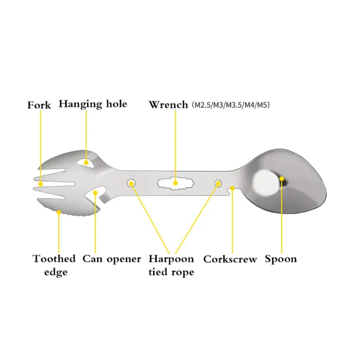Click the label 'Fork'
[39, 105]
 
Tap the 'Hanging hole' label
[93, 104]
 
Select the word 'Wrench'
[168, 105]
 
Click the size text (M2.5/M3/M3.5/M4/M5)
[231, 105]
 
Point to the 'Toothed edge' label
[54, 265]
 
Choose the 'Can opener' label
[112, 259]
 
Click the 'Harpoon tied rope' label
[171, 265]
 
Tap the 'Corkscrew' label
[230, 260]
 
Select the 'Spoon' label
[280, 259]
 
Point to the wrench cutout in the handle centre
[175, 183]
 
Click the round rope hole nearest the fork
[131, 183]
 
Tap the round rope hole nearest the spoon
[218, 183]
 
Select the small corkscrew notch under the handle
[231, 192]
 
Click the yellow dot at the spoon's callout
[282, 179]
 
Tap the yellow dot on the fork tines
[41, 184]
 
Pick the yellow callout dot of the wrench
[175, 183]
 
